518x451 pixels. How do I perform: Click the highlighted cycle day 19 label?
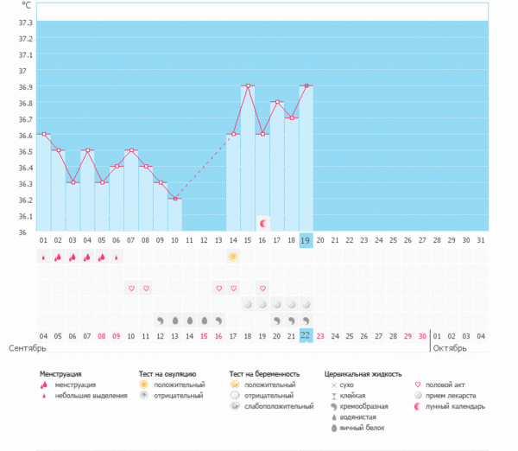(x=306, y=240)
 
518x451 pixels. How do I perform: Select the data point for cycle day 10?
(x=174, y=199)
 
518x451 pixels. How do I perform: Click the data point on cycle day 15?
(x=248, y=86)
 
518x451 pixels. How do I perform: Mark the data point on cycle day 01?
(x=44, y=134)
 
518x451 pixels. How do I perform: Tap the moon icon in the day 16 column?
(x=263, y=223)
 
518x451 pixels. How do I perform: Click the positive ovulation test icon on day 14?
(x=233, y=257)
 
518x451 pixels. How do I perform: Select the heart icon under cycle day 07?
(x=131, y=288)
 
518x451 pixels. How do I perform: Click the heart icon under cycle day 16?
(x=262, y=288)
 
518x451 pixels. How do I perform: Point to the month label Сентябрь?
(x=27, y=348)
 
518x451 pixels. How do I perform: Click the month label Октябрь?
(x=450, y=348)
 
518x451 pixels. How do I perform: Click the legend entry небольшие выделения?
(x=85, y=395)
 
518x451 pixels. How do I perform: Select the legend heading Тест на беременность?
(x=267, y=374)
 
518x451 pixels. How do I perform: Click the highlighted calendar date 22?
(x=306, y=336)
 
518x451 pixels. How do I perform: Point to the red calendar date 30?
(x=420, y=336)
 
